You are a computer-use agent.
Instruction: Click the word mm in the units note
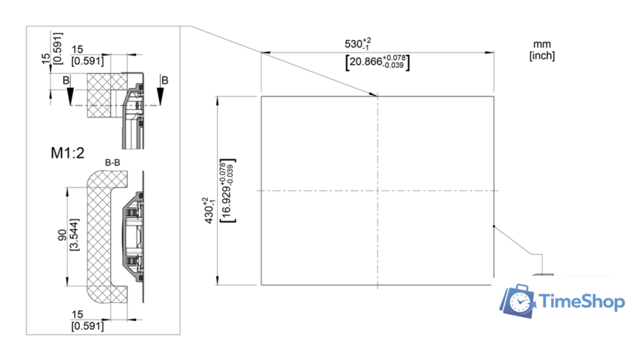click(x=542, y=44)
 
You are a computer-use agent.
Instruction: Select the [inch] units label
click(x=542, y=56)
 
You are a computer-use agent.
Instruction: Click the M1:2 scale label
click(x=67, y=153)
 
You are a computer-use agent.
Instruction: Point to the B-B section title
click(x=112, y=162)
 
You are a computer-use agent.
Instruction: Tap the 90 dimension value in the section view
click(x=63, y=235)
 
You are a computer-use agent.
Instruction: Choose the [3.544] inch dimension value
click(x=75, y=234)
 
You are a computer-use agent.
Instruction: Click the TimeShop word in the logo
click(x=582, y=301)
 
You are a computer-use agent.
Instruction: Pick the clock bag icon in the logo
click(x=518, y=301)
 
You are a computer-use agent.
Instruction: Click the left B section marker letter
click(x=66, y=81)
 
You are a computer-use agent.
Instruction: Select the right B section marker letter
click(x=165, y=81)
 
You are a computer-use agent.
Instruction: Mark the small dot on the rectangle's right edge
click(x=494, y=227)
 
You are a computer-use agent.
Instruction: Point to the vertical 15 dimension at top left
click(x=46, y=59)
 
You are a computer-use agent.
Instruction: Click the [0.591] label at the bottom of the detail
click(x=87, y=325)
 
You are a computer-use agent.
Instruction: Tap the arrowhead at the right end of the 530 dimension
click(x=489, y=53)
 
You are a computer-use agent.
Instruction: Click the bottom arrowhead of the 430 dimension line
click(x=218, y=280)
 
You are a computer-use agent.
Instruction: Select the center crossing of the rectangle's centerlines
click(x=378, y=191)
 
